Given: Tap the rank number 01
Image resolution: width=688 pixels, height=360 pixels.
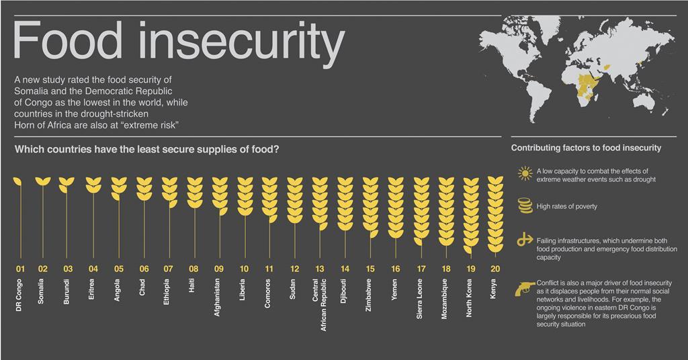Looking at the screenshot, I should (19, 269).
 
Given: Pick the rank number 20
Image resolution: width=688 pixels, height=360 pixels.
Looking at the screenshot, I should (494, 269).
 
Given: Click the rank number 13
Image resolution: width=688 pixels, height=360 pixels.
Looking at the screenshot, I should (319, 269).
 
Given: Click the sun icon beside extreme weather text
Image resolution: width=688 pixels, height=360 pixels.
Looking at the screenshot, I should (524, 175).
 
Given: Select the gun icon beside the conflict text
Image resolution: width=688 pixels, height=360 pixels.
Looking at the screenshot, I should (524, 288).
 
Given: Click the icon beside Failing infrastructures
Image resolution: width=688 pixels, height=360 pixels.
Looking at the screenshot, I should (524, 240).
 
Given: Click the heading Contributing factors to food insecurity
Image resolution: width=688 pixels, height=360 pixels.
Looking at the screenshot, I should (586, 148).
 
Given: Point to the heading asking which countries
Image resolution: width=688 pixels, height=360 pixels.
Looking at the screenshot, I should (146, 149).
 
